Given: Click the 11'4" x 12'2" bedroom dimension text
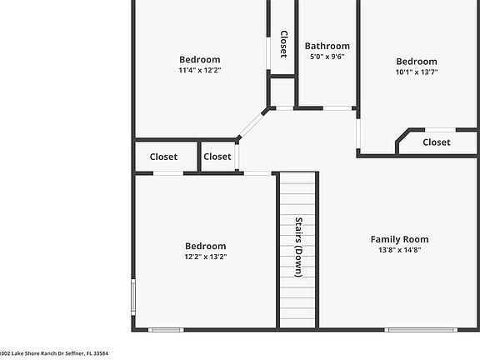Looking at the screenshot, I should pos(200,70).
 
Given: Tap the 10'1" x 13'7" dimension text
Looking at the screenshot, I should pos(416,72).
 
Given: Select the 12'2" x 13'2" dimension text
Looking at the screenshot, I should pos(205,257).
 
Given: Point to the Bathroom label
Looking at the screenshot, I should pos(327,46).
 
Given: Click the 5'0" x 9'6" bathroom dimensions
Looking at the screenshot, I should pos(327,57).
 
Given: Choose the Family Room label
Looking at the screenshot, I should pos(399,239).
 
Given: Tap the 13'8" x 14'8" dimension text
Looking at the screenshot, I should pos(399,250).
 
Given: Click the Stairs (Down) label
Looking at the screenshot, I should pos(298,247).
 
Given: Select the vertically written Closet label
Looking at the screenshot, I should pos(283,44).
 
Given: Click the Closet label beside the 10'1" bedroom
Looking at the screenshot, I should pos(436,142).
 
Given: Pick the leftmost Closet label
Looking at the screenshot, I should pos(163,157).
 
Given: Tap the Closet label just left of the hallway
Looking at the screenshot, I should pos(217,157).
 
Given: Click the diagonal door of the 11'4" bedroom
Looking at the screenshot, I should pos(252,124).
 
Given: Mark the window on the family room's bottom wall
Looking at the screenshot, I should pos(421,330).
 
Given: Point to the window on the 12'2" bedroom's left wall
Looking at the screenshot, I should pos(133,296).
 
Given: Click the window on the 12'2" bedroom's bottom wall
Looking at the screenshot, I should pos(165,330).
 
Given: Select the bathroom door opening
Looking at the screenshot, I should pos(337,107).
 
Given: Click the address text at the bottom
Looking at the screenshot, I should pos(54,353).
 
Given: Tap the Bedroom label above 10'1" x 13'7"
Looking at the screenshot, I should pos(416,61).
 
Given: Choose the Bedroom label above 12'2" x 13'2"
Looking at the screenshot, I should pos(205,246).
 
